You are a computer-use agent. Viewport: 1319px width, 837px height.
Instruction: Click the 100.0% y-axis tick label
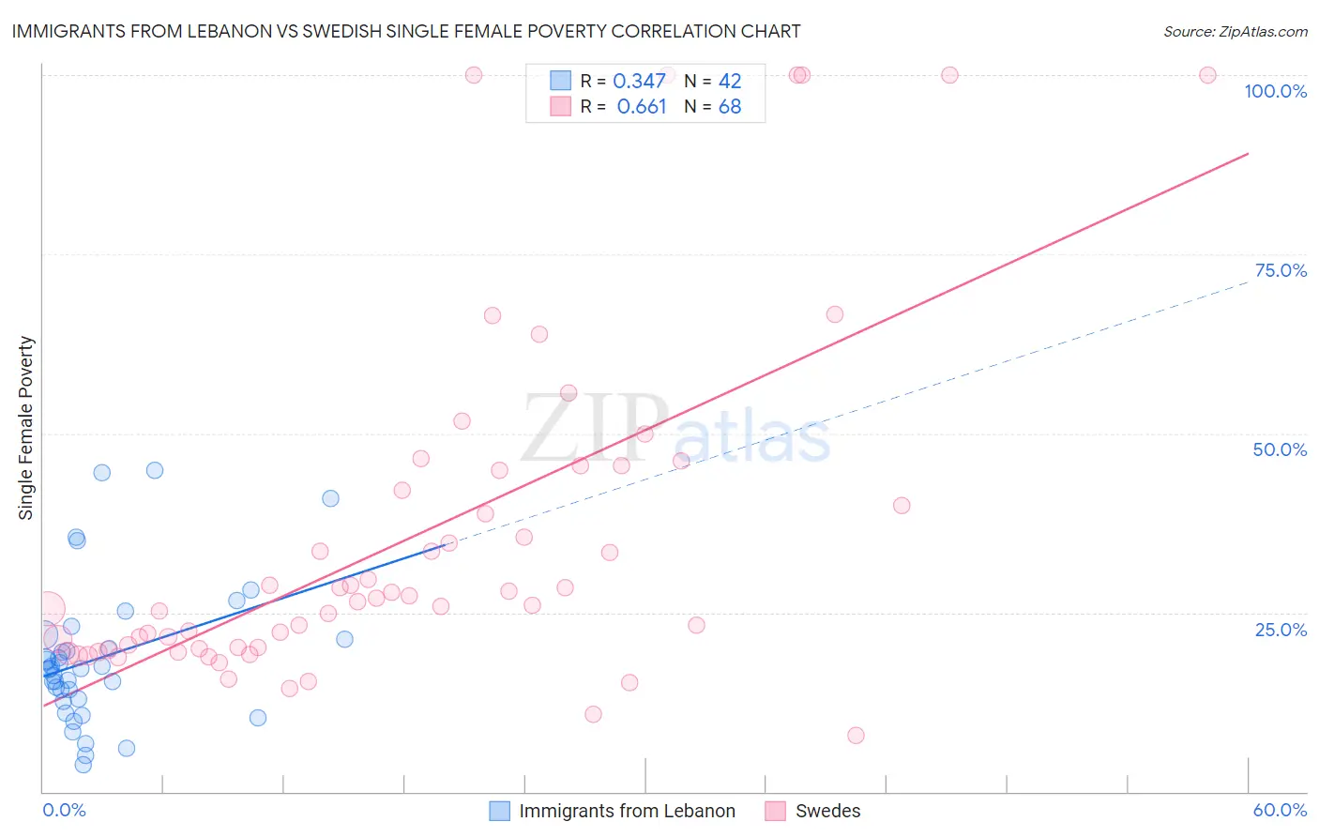(x=1275, y=91)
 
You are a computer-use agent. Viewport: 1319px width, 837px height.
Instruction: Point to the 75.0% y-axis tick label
(x=1281, y=270)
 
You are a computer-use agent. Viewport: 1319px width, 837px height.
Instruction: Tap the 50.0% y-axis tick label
(x=1280, y=449)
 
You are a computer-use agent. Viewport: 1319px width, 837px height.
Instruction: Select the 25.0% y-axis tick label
(x=1281, y=630)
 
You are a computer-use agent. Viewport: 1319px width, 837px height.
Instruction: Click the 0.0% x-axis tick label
(x=64, y=810)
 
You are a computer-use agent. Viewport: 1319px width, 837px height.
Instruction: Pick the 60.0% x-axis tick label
(x=1280, y=810)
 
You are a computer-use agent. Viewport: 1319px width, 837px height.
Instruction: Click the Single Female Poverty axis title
(x=26, y=428)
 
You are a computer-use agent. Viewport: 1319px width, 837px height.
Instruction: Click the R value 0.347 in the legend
(x=639, y=82)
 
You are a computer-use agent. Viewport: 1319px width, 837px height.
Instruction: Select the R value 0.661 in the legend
(x=641, y=107)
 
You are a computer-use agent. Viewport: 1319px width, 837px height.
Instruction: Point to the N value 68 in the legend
(x=730, y=107)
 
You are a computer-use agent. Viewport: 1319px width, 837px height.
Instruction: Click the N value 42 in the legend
(x=730, y=82)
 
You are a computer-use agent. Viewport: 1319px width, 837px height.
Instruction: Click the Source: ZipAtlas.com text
(x=1235, y=32)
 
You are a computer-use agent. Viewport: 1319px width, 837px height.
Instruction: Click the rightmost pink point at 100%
(x=1207, y=75)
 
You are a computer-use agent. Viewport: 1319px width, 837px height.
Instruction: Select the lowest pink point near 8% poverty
(x=856, y=736)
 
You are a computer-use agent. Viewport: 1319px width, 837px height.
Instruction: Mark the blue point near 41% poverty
(x=330, y=498)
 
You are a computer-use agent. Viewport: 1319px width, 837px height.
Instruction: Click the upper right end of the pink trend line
(x=1248, y=153)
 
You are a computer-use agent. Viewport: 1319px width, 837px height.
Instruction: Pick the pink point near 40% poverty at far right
(x=902, y=506)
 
